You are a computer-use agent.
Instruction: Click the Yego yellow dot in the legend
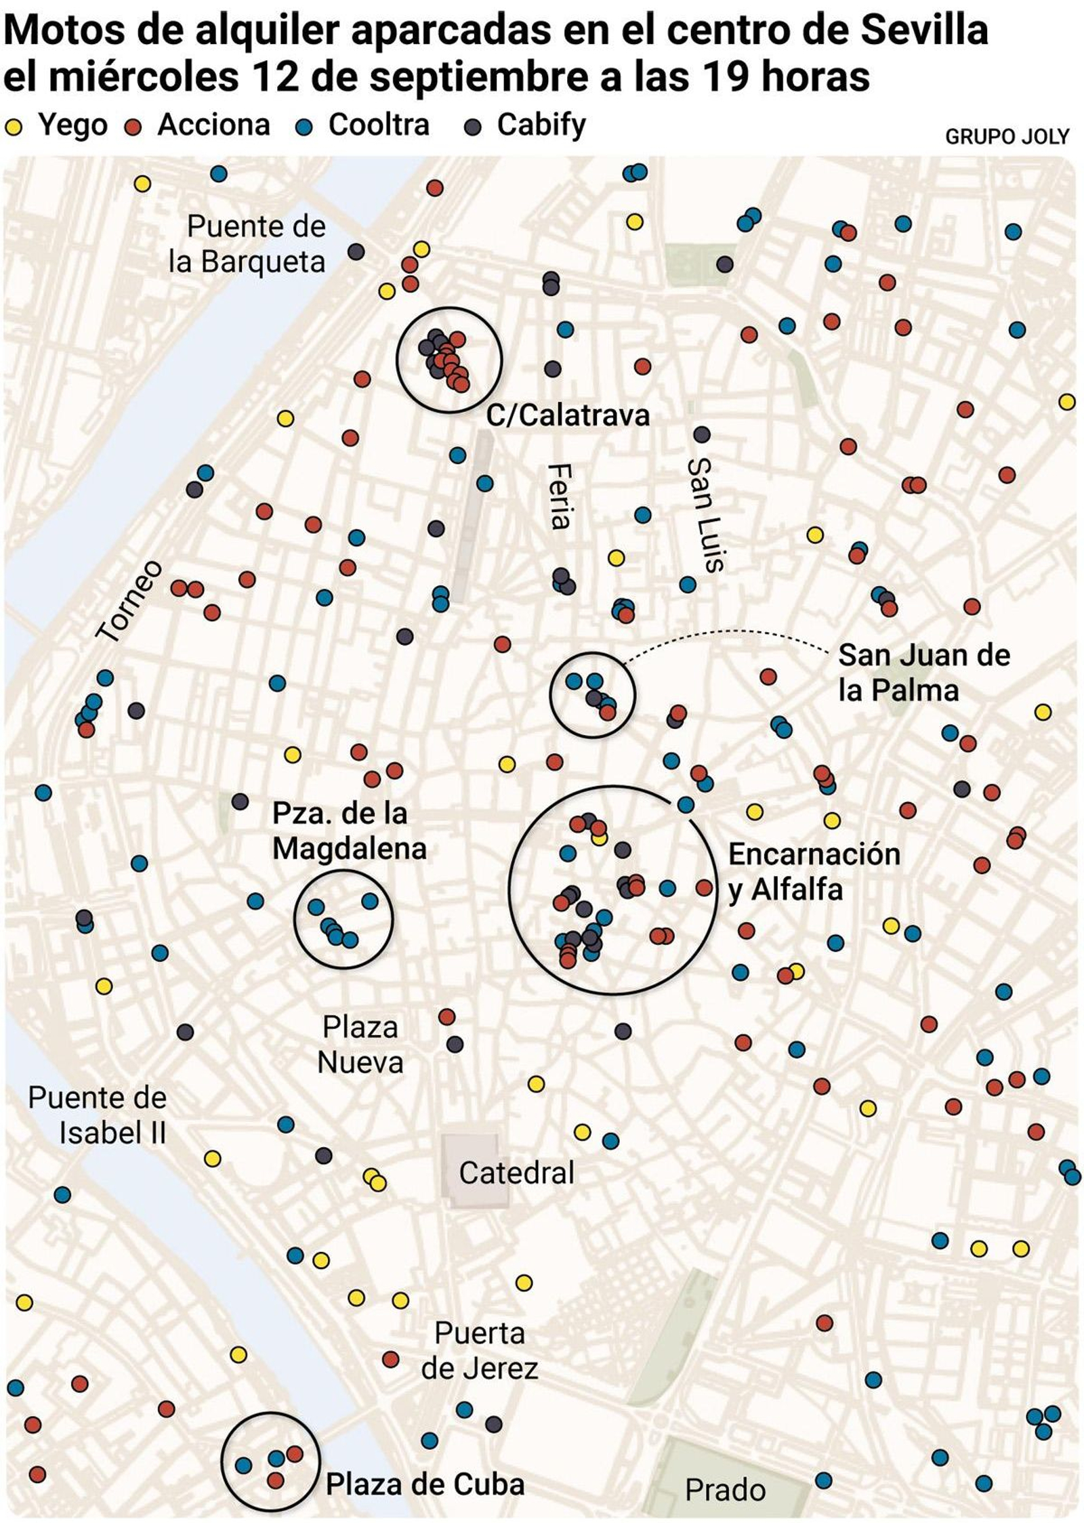click(x=13, y=127)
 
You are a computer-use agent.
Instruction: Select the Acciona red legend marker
click(x=133, y=127)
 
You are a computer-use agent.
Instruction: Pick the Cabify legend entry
click(x=541, y=125)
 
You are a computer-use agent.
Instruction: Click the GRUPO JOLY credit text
click(x=1006, y=137)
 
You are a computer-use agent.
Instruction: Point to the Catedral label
click(x=516, y=1173)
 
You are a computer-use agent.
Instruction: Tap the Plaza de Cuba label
click(x=425, y=1484)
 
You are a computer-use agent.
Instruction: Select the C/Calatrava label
click(x=568, y=415)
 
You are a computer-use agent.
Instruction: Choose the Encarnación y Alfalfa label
click(x=813, y=871)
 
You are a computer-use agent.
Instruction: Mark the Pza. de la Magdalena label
click(x=348, y=831)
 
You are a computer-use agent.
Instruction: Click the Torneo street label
click(x=129, y=600)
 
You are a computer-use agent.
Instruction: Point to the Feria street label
click(x=560, y=496)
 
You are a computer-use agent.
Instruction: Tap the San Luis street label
click(x=705, y=514)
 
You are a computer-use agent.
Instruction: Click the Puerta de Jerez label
click(x=479, y=1351)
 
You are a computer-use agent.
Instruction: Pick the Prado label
click(x=724, y=1490)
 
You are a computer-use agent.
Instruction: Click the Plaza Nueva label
click(x=360, y=1044)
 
